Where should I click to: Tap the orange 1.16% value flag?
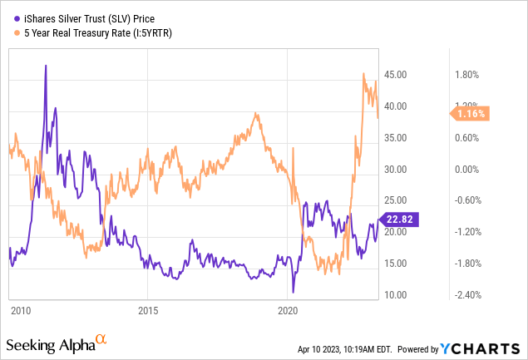pos(470,114)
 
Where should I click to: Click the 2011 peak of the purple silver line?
pos(46,66)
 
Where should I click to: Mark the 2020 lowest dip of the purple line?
pos(293,293)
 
